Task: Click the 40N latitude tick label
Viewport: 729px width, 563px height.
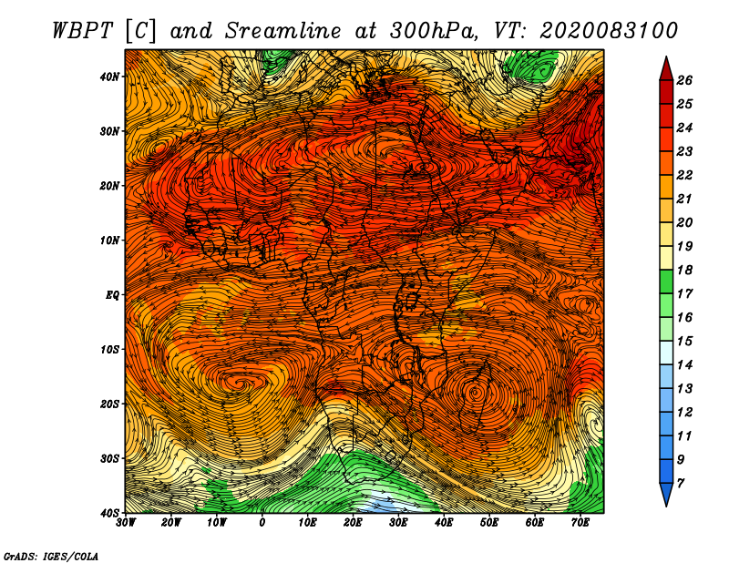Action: pyautogui.click(x=109, y=77)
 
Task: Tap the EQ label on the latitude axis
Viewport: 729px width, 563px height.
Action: pyautogui.click(x=112, y=295)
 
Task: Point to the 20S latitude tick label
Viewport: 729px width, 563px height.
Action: pyautogui.click(x=109, y=404)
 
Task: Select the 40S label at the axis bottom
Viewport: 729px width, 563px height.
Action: pyautogui.click(x=109, y=513)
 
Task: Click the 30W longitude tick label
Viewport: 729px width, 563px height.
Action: pyautogui.click(x=126, y=523)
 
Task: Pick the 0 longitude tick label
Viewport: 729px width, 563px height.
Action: pyautogui.click(x=262, y=523)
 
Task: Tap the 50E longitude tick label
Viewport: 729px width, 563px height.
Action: pyautogui.click(x=489, y=523)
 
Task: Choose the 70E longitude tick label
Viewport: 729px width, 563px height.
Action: pyautogui.click(x=580, y=523)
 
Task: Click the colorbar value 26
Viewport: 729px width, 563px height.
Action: pyautogui.click(x=684, y=80)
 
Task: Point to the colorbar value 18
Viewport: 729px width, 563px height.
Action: pyautogui.click(x=684, y=270)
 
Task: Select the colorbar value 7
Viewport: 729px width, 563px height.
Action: pyautogui.click(x=681, y=484)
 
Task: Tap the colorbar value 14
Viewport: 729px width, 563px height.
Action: pyautogui.click(x=684, y=365)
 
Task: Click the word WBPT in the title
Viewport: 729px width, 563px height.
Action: pyautogui.click(x=83, y=31)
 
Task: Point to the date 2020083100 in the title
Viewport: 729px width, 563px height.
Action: pyautogui.click(x=609, y=31)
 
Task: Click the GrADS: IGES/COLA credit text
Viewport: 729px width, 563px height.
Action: pyautogui.click(x=51, y=556)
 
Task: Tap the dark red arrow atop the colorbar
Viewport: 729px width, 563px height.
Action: pyautogui.click(x=666, y=69)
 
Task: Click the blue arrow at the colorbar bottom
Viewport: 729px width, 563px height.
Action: pyautogui.click(x=666, y=495)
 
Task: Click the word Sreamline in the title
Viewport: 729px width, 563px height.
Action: pyautogui.click(x=283, y=31)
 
